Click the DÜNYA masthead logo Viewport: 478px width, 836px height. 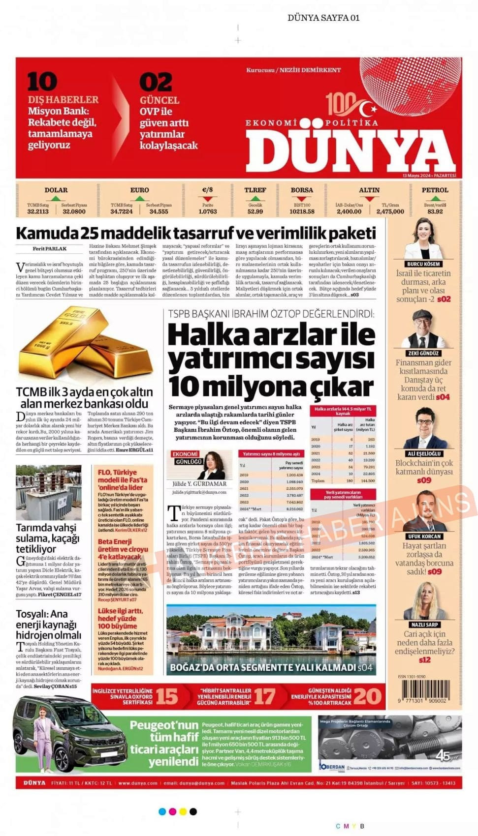pyautogui.click(x=351, y=152)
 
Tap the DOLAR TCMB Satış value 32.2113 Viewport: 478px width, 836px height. pyautogui.click(x=38, y=211)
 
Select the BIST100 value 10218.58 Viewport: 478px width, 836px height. pyautogui.click(x=302, y=211)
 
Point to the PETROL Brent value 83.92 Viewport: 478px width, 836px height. pyautogui.click(x=435, y=211)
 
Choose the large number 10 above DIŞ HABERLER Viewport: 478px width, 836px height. pyautogui.click(x=42, y=82)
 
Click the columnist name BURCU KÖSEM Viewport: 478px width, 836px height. pyautogui.click(x=423, y=264)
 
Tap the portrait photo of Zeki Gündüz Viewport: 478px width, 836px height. pyautogui.click(x=423, y=329)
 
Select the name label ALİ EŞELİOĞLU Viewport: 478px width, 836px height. pyautogui.click(x=424, y=453)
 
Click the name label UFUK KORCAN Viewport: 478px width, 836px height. pyautogui.click(x=424, y=537)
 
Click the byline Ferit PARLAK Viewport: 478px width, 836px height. pyautogui.click(x=49, y=249)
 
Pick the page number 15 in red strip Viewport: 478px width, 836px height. pyautogui.click(x=166, y=696)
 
